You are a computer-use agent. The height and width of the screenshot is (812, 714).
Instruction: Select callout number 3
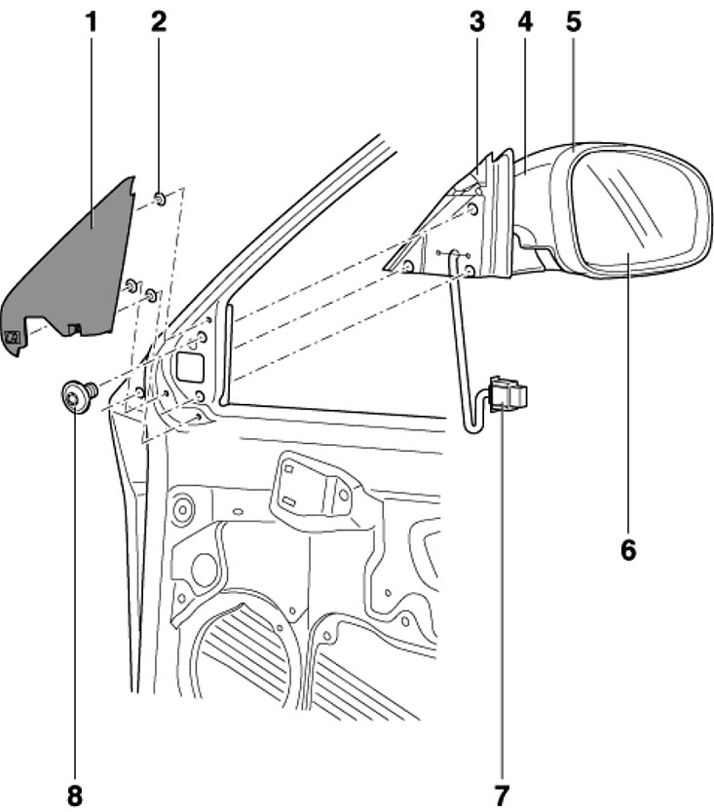tap(476, 21)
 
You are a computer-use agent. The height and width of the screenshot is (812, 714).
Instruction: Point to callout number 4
tap(525, 21)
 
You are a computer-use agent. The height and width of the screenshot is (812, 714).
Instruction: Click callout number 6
tap(628, 549)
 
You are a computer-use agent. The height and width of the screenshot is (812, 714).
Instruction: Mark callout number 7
tap(501, 794)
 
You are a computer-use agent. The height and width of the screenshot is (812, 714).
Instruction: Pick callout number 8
tap(75, 794)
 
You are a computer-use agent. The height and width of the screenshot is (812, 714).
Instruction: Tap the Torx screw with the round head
tap(75, 396)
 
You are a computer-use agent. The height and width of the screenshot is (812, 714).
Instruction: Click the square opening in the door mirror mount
tap(188, 366)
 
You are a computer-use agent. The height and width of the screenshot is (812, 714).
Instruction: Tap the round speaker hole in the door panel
tap(204, 571)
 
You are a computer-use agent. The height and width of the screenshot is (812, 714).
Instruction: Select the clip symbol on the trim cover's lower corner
tap(14, 338)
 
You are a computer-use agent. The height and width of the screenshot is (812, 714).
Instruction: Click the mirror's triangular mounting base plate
tap(443, 239)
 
